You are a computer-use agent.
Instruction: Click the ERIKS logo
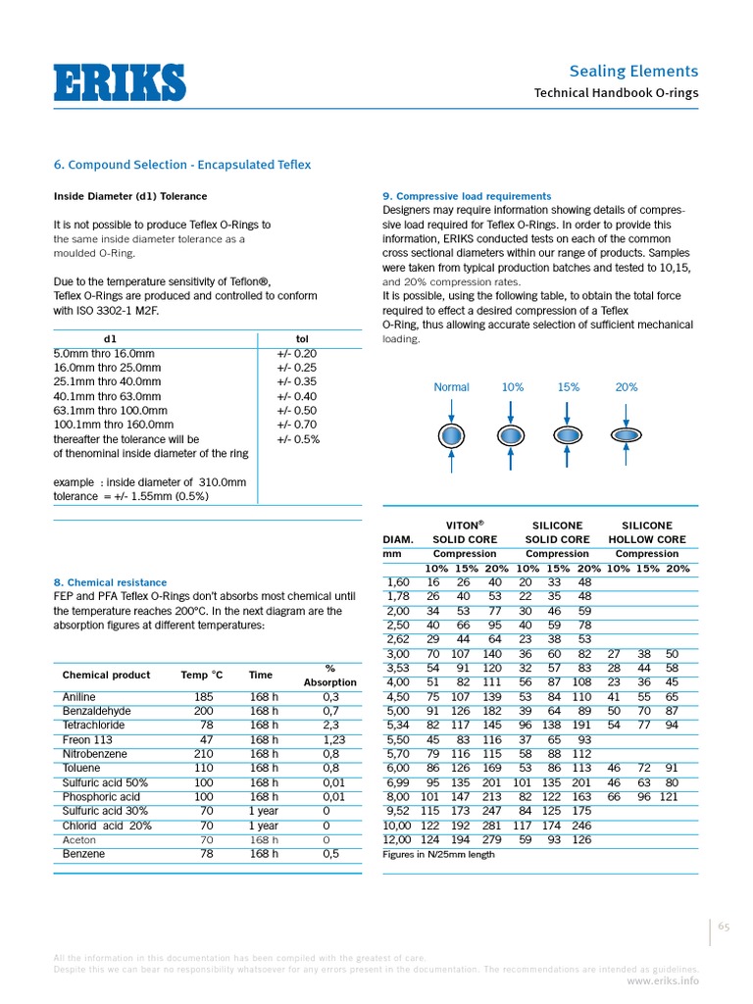(119, 81)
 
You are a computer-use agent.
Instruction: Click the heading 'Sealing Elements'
(633, 71)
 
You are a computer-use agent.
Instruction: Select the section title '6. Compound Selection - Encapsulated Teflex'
(181, 165)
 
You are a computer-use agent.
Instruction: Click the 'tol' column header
(302, 338)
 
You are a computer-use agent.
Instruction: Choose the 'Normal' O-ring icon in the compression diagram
(451, 434)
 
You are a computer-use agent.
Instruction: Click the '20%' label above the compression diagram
(626, 387)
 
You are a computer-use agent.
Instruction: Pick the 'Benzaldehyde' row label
(96, 710)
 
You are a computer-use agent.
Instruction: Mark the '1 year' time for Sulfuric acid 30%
(264, 811)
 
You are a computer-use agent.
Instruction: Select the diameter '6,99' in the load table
(398, 783)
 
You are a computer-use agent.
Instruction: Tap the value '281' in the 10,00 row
(494, 826)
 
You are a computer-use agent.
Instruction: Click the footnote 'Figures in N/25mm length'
(438, 854)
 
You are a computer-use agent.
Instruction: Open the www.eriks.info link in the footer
(663, 979)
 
